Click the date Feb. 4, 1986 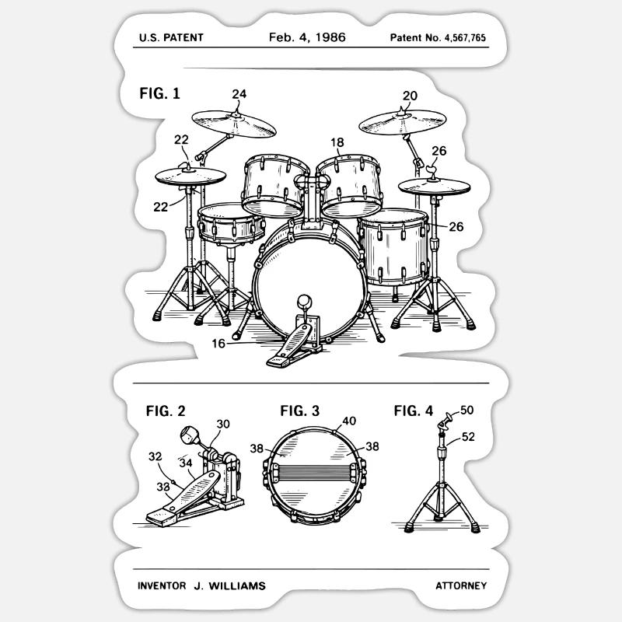[307, 37]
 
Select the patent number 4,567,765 [438, 37]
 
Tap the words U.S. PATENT [170, 37]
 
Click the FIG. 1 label [159, 93]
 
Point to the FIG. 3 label [300, 411]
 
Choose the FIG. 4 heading [413, 411]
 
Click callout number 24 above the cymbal [239, 94]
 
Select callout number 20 [410, 96]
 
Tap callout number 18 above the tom [337, 142]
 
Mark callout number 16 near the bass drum [219, 343]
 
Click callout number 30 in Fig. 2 [223, 424]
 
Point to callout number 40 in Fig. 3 [349, 421]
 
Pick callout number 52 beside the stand [467, 437]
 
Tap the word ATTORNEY [460, 585]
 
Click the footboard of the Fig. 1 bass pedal [288, 349]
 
